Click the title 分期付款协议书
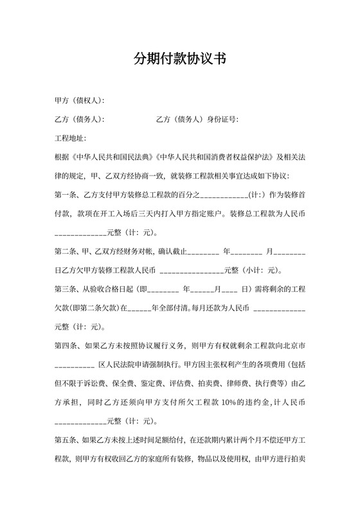[x=179, y=59]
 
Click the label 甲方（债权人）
[x=79, y=101]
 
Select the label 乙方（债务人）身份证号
[x=197, y=120]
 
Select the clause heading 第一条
[x=67, y=195]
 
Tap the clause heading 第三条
[x=67, y=289]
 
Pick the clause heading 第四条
[x=67, y=346]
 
